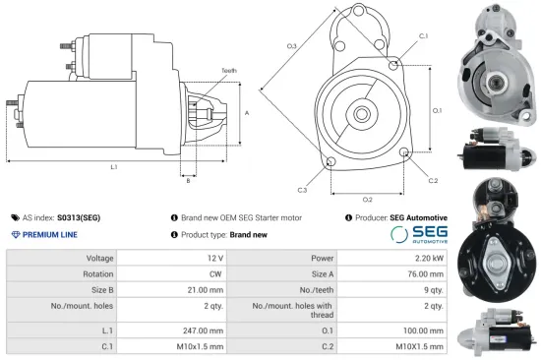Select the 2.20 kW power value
click(425, 258)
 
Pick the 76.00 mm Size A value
click(422, 274)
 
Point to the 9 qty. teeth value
click(431, 291)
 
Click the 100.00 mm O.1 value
click(422, 331)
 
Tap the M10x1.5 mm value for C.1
click(200, 347)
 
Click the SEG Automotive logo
click(419, 234)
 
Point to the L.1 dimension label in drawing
click(114, 167)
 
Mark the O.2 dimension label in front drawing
click(366, 200)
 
